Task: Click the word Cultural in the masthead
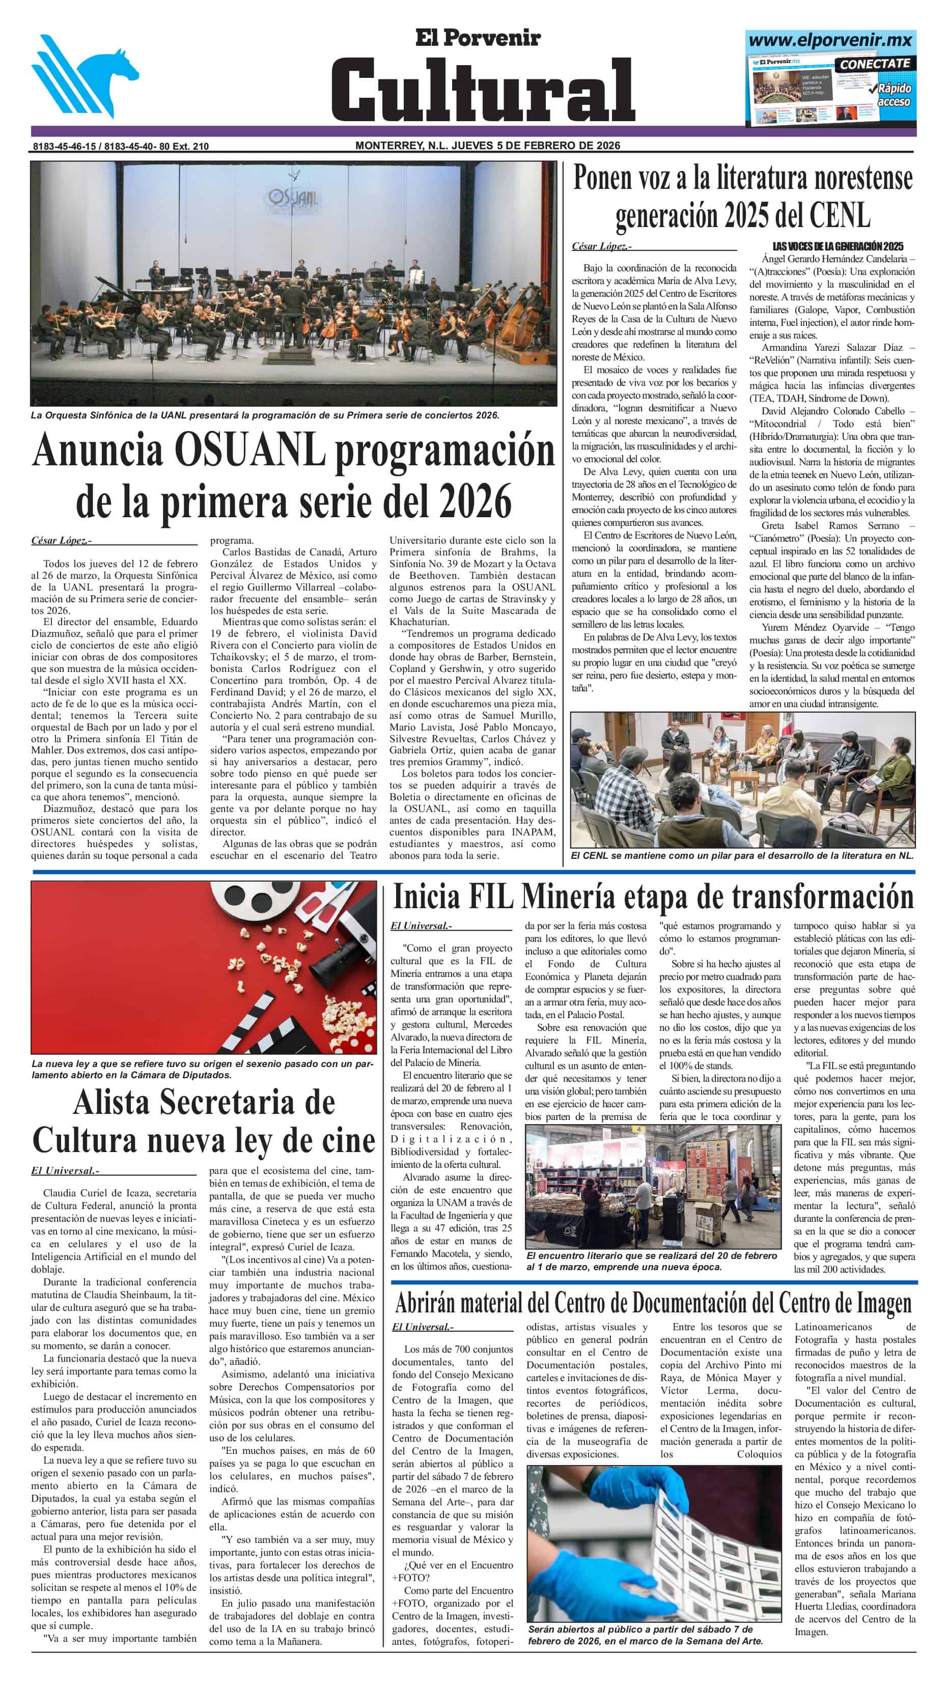pyautogui.click(x=482, y=88)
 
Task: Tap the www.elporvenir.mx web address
pyautogui.click(x=830, y=41)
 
